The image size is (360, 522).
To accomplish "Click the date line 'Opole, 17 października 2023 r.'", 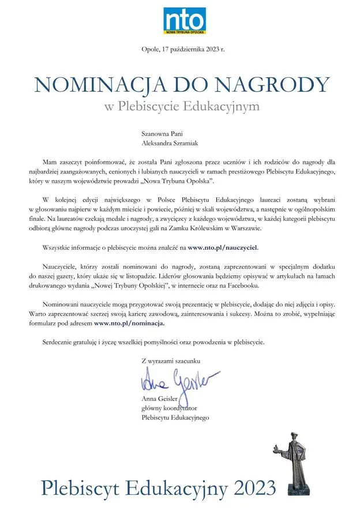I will tap(183, 50).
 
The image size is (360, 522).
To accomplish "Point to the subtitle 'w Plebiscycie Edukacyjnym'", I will tap(182, 106).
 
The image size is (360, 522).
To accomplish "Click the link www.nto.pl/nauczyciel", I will tap(223, 247).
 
